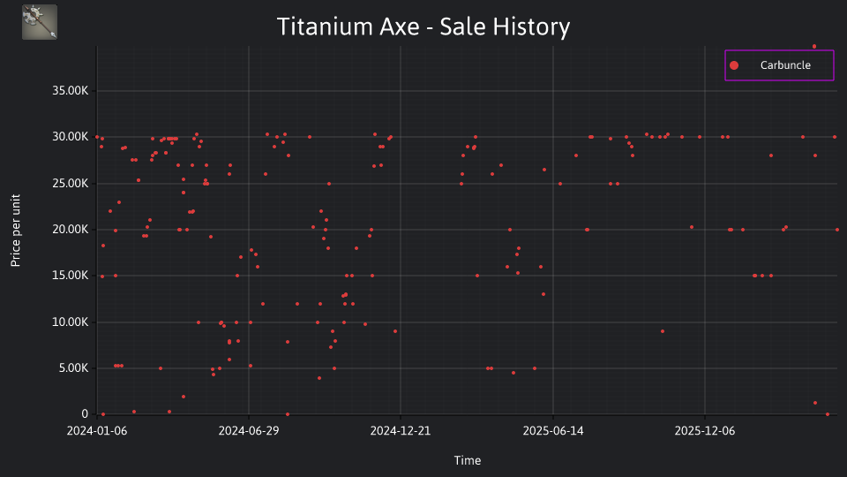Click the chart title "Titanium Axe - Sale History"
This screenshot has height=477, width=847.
(x=423, y=26)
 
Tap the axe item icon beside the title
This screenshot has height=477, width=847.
(x=40, y=22)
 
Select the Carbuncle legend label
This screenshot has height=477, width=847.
(x=785, y=64)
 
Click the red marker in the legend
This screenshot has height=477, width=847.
(x=734, y=65)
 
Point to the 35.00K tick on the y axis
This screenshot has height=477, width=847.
(x=71, y=91)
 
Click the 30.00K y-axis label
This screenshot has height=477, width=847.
(x=71, y=137)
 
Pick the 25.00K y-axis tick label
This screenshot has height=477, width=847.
(x=71, y=184)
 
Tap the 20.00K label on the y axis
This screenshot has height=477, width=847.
(x=71, y=230)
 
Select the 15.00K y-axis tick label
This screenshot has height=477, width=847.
(x=71, y=276)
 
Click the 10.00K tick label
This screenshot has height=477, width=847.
(x=71, y=322)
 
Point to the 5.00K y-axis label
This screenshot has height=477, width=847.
(x=73, y=367)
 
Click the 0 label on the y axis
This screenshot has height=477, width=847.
(x=85, y=413)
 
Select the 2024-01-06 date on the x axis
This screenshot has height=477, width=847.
(x=97, y=431)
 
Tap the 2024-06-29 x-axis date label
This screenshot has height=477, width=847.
(x=249, y=431)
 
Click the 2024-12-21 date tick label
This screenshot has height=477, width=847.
(x=401, y=431)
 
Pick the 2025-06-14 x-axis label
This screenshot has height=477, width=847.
(x=553, y=431)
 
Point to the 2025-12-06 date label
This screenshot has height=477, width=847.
(x=705, y=431)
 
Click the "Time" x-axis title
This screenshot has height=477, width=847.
(x=468, y=460)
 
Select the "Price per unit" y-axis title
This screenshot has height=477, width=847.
(x=15, y=231)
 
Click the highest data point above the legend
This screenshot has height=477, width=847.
(x=814, y=47)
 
